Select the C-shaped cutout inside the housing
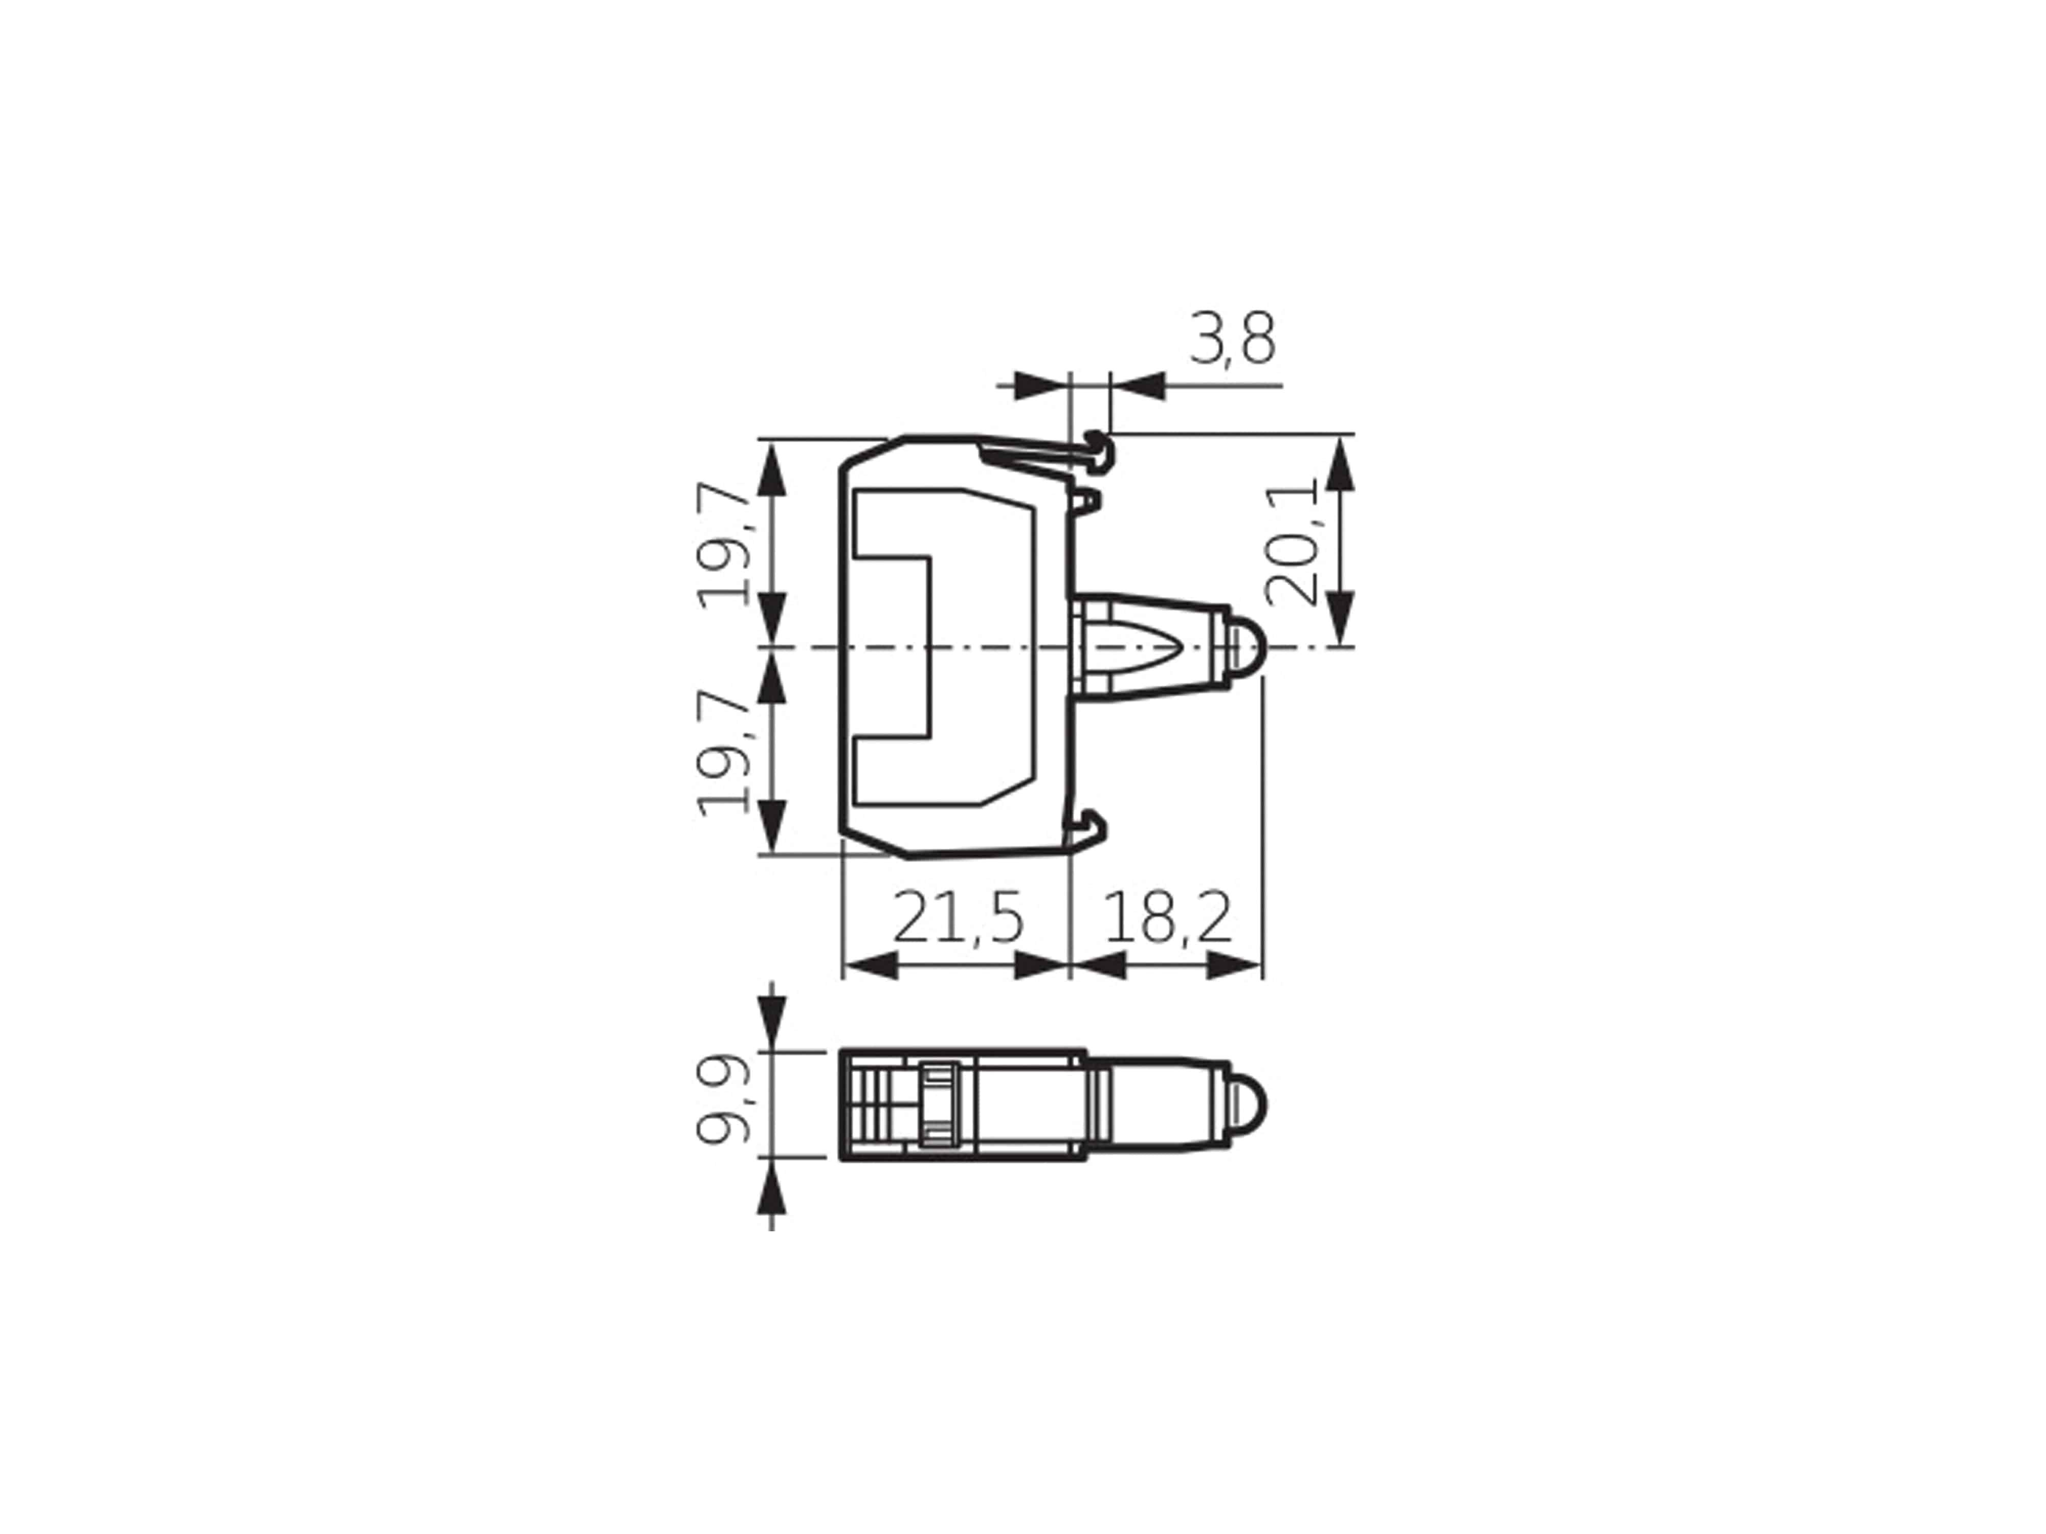[893, 647]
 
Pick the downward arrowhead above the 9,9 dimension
[771, 1026]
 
